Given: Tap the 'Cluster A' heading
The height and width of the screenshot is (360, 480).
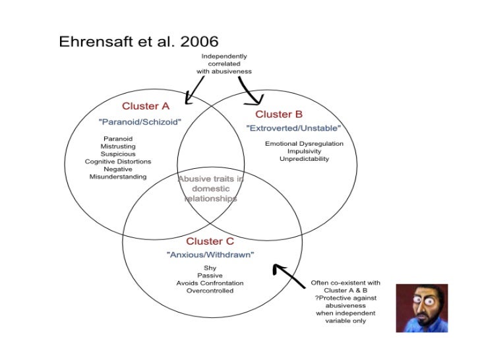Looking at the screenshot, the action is coord(146,106).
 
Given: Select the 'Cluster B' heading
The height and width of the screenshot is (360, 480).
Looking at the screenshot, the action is coord(279,114).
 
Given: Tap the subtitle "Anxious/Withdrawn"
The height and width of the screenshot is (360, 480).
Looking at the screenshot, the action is coord(210,255).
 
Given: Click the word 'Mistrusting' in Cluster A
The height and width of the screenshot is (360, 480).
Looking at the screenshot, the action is coord(118,146).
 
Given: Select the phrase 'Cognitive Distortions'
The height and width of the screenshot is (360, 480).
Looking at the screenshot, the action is coord(118,162).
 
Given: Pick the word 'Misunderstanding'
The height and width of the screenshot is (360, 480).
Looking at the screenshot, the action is coord(118,177).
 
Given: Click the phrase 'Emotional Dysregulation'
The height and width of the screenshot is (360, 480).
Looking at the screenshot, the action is coord(304,144).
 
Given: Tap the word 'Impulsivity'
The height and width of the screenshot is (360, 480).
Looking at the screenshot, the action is coord(304,152).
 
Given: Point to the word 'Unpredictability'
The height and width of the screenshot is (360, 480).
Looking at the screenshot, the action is coord(304,159).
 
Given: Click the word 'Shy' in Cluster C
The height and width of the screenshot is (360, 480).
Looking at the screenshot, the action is coord(210,268).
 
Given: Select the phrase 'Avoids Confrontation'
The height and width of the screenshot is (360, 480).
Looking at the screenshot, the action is coord(210,283).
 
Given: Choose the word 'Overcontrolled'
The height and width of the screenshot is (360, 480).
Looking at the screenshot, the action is coord(210,291).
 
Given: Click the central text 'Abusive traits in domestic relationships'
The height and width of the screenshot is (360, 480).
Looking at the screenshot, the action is coord(210,188).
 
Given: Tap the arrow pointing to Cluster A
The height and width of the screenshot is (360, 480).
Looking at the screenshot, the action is coord(195,91).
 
